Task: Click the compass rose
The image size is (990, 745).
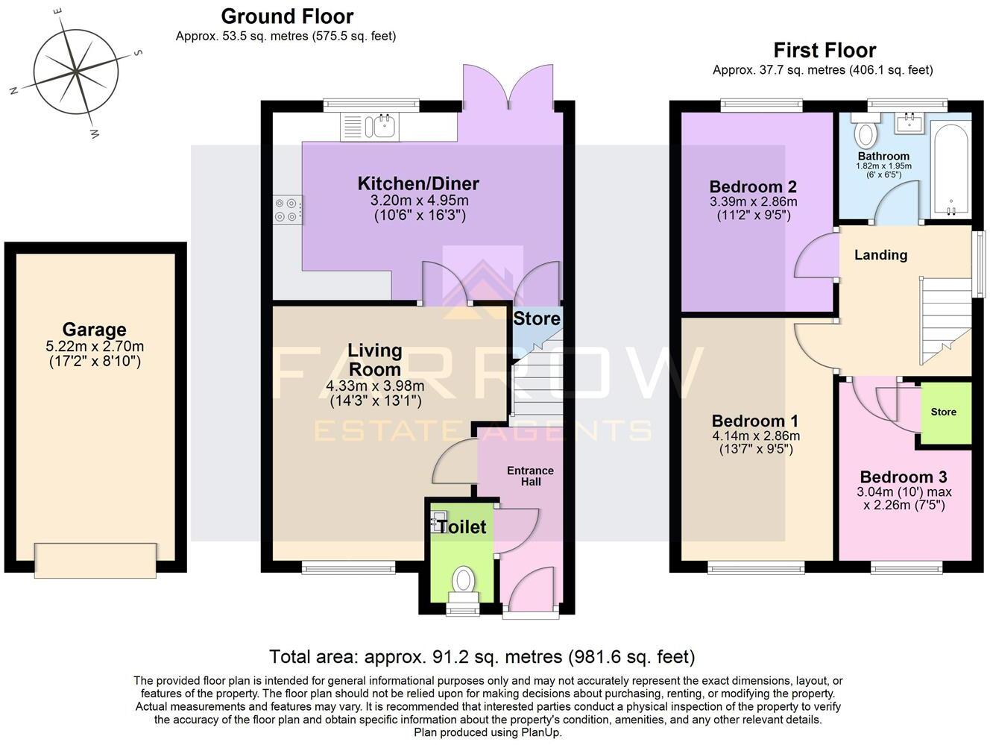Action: pos(75,73)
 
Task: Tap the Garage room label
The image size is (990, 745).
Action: pos(94,330)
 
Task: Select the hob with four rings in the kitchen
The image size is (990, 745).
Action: pos(287,209)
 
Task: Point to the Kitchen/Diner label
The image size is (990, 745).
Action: pos(418,183)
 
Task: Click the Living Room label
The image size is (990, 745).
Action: pos(375,359)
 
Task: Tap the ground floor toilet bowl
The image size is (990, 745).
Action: pos(464,580)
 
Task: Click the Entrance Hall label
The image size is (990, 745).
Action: pos(530,476)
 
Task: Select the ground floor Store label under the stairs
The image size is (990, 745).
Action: pos(537,319)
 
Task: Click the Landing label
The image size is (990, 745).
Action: pos(880,255)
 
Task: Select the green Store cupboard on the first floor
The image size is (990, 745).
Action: pos(944,412)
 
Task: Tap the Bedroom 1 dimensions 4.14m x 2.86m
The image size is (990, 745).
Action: pos(756,436)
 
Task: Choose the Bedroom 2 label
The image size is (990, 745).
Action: pos(753,186)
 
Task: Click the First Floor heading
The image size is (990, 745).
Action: pos(824,50)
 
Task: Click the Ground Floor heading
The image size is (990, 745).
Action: pos(287,16)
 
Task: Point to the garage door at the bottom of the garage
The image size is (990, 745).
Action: pos(95,560)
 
